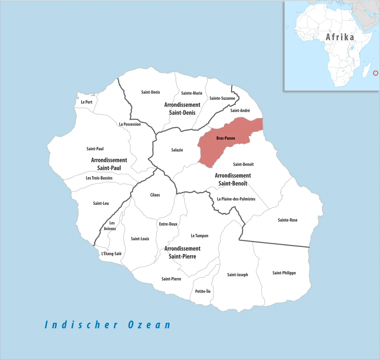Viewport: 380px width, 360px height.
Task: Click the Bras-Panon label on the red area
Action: [226, 138]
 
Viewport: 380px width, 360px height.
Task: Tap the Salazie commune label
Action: [177, 150]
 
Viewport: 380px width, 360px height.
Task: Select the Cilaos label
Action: [155, 195]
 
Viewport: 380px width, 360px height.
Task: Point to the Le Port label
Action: [86, 102]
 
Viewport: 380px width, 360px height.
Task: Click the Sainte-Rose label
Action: [287, 220]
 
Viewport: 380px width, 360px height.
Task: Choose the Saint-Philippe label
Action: [284, 273]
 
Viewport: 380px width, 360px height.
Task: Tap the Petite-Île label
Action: [203, 291]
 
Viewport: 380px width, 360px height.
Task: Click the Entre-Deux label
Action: [168, 224]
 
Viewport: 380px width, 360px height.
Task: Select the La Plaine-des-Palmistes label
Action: [236, 199]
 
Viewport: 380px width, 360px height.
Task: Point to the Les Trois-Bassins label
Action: [99, 178]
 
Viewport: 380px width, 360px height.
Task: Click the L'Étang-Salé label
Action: [111, 254]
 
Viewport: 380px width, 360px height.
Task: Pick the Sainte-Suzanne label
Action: [222, 98]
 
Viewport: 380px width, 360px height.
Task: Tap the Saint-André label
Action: [240, 110]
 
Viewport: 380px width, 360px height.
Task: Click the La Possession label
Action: [130, 124]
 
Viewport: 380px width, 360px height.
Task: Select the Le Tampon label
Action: [199, 236]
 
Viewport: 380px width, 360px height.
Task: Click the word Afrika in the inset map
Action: [340, 37]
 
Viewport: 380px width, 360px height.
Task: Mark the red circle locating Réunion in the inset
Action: [376, 73]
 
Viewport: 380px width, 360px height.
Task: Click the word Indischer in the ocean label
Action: [81, 325]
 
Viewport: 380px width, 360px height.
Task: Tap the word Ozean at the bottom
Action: [149, 325]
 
